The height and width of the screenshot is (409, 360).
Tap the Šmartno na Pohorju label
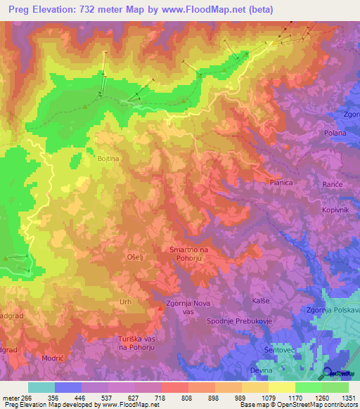(x=189, y=254)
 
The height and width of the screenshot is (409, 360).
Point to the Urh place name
(x=125, y=301)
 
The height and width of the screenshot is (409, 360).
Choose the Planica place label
(x=281, y=182)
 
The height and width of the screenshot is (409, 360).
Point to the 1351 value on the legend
(x=348, y=398)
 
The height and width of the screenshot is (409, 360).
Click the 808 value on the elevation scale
(x=174, y=398)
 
